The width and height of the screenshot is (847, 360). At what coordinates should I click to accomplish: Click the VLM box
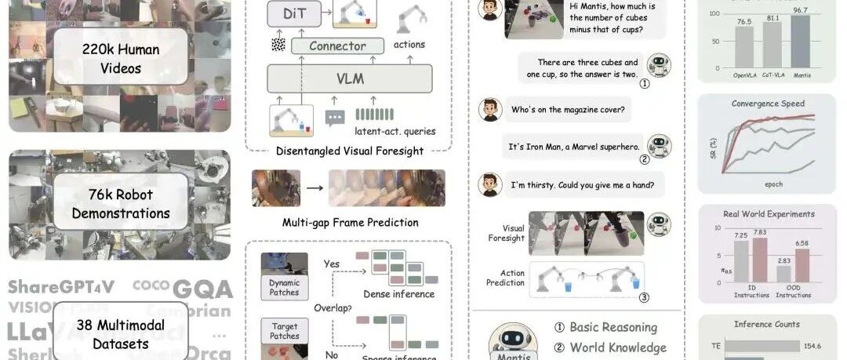[350, 78]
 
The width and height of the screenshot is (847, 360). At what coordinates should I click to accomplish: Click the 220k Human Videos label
[121, 59]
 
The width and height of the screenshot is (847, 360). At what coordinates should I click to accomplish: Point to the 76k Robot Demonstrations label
[121, 202]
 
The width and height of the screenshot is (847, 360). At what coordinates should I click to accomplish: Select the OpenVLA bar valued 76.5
[743, 47]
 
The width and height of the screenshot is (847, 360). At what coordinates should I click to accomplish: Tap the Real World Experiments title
[768, 213]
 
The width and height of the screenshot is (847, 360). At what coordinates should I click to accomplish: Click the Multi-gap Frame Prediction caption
[350, 223]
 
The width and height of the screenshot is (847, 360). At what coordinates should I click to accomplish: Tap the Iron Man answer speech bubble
[575, 146]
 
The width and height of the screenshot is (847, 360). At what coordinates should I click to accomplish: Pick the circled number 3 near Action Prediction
[644, 297]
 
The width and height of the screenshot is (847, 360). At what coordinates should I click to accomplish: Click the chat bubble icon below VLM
[335, 118]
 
